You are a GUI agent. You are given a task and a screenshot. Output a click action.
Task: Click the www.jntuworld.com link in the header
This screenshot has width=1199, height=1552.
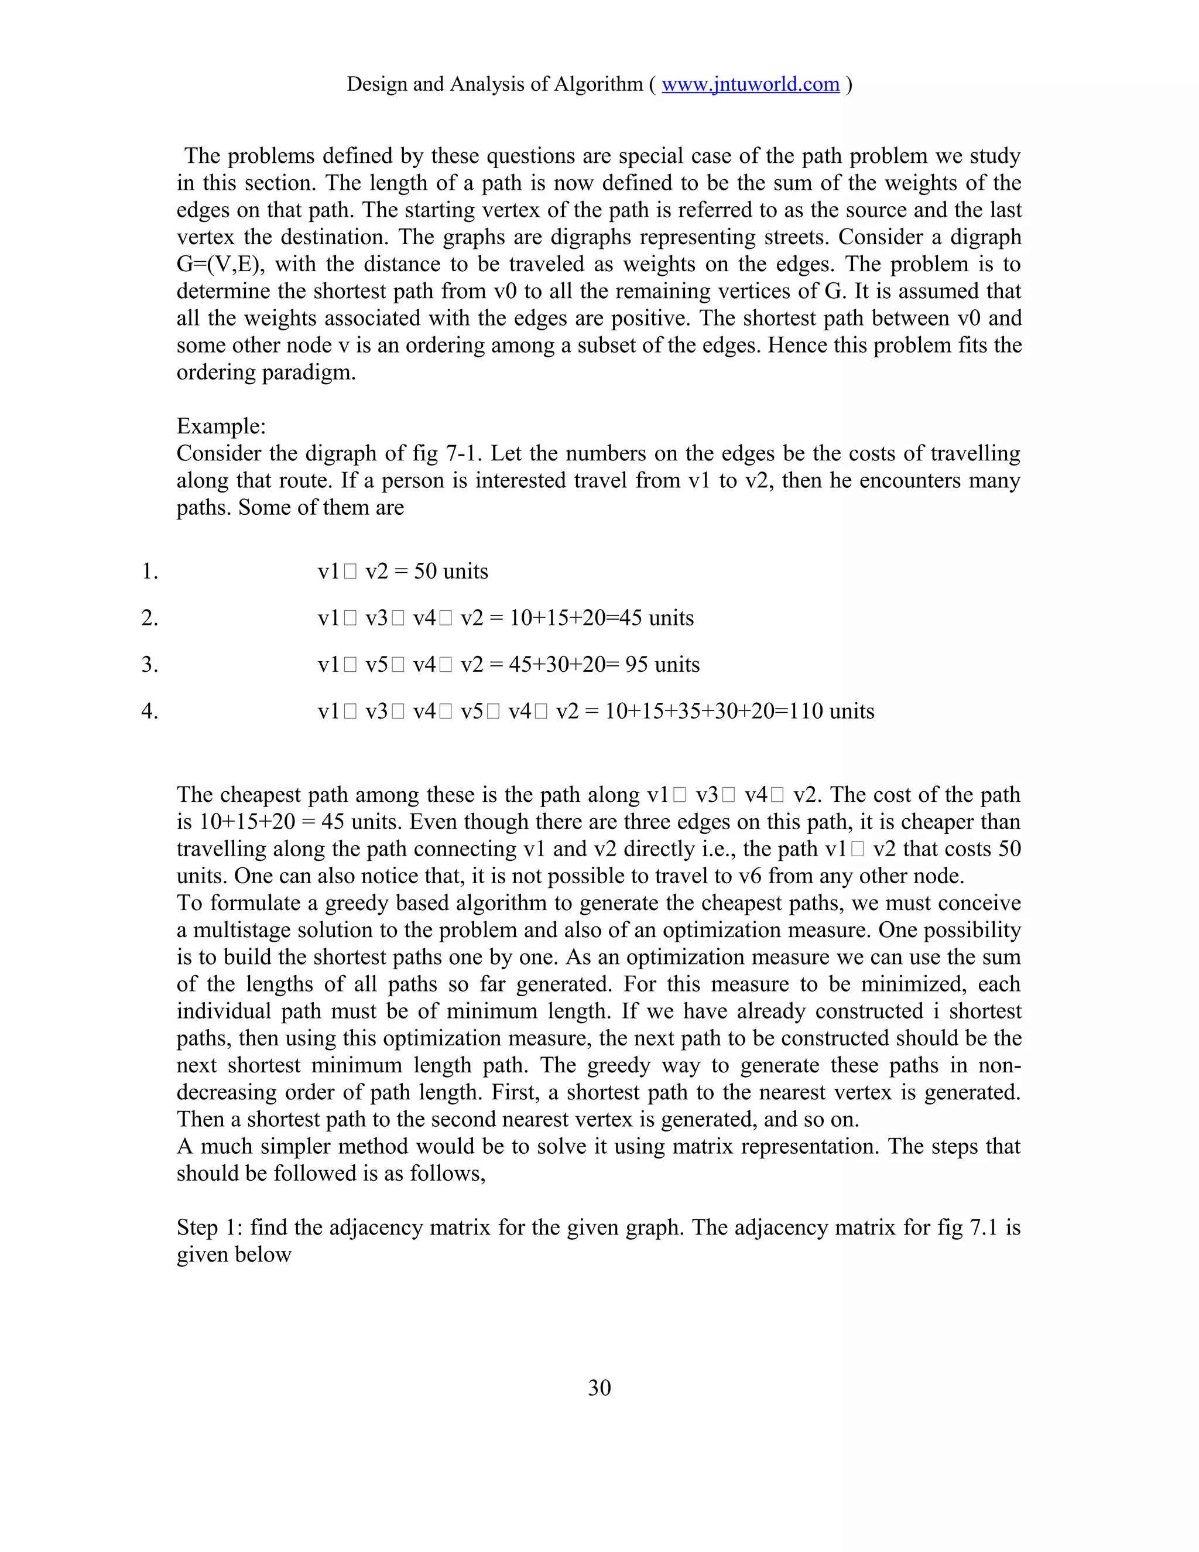[750, 84]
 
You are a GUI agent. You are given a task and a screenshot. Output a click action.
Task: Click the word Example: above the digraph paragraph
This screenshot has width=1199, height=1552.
[221, 426]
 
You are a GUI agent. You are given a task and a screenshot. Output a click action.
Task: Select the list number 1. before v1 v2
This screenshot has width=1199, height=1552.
[150, 572]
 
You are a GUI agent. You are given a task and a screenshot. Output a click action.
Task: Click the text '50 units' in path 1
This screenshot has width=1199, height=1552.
[450, 572]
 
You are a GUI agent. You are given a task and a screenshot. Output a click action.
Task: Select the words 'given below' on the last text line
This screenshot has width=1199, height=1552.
[234, 1255]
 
